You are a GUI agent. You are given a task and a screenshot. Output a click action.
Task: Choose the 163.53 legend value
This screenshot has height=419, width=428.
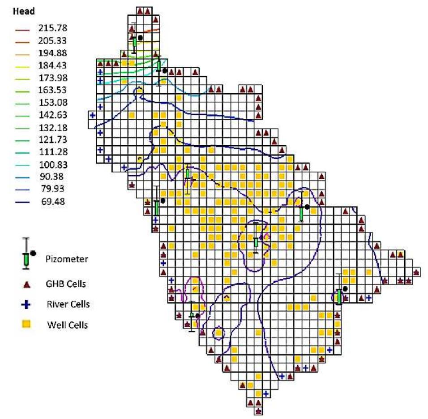tap(52, 86)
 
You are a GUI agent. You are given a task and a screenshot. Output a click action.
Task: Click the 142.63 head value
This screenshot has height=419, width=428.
tap(52, 109)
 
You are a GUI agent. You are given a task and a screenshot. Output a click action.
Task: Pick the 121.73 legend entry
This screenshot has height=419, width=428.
tap(52, 133)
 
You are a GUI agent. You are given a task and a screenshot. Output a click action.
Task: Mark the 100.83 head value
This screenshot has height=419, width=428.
tap(52, 156)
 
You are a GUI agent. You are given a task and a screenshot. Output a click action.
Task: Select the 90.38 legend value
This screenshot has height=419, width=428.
tap(52, 167)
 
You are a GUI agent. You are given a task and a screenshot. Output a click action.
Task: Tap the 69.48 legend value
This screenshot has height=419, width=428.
tap(52, 202)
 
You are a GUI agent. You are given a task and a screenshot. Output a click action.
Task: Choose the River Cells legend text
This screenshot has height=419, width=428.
tap(68, 304)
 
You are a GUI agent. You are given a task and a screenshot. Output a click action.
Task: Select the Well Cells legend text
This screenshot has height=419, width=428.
tap(67, 325)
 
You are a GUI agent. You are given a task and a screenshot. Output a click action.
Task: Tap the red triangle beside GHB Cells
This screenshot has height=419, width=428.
tap(26, 284)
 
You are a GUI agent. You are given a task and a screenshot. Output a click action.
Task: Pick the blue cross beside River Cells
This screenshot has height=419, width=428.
tap(26, 305)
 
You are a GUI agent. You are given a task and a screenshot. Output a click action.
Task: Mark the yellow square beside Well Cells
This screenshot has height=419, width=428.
tap(26, 324)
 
